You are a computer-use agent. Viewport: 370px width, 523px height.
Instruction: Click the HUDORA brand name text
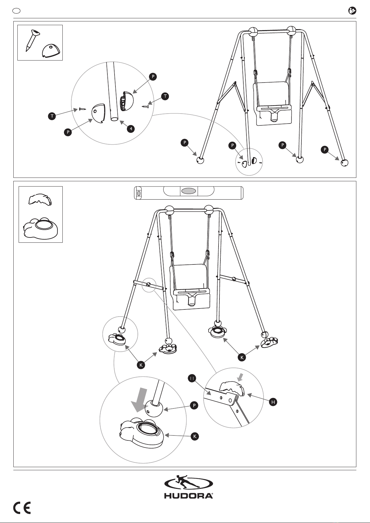coord(188,496)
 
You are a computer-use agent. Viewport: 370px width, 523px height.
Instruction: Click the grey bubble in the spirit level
coord(189,191)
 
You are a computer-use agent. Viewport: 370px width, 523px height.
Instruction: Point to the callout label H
coord(273,402)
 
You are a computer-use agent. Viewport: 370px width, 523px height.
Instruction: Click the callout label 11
coord(192,378)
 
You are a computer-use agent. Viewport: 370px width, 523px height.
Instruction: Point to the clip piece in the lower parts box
coord(40,200)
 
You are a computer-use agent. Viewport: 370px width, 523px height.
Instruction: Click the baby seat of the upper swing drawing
coord(273,104)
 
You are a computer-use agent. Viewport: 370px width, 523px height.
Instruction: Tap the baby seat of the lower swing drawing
coord(189,287)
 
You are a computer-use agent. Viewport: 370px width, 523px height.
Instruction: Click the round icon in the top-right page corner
coord(352,11)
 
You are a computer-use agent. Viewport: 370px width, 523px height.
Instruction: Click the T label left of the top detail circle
coord(52,116)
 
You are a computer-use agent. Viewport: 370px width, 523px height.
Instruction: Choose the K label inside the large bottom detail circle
coord(195,436)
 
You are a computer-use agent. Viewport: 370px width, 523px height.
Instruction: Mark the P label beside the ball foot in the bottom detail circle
coord(194,405)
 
